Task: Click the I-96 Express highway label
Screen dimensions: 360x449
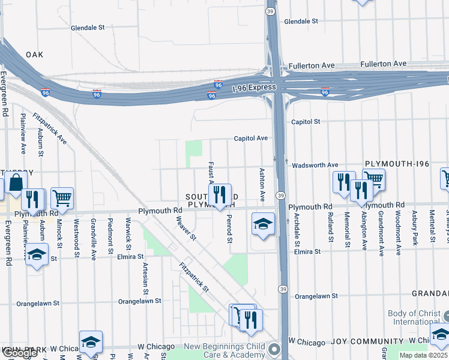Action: [254, 88]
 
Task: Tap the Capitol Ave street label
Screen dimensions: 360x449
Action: [251, 138]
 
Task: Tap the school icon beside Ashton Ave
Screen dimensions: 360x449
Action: [263, 223]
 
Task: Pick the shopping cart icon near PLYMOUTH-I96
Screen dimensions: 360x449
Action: [373, 178]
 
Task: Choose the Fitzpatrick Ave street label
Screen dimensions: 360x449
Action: [49, 129]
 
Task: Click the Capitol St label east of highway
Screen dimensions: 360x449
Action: [305, 122]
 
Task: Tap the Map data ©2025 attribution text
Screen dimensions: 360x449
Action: [423, 355]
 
